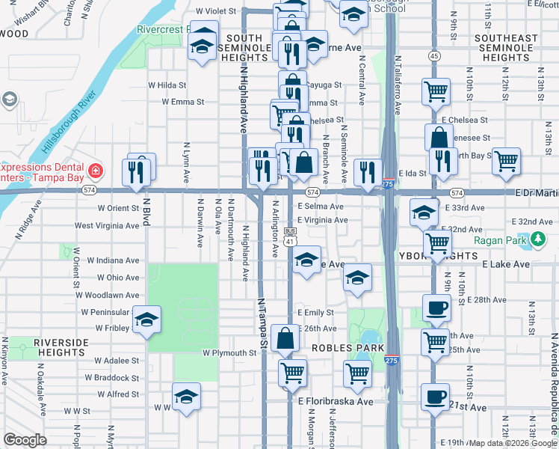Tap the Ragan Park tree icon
click(538, 240)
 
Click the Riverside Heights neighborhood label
click(61, 347)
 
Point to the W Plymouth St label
click(229, 352)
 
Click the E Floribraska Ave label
click(335, 402)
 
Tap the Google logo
click(25, 440)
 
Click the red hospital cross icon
click(96, 171)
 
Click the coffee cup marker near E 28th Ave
click(436, 306)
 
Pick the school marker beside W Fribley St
click(146, 320)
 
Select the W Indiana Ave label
click(113, 261)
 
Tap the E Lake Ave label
click(506, 265)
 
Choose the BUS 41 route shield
click(291, 236)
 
